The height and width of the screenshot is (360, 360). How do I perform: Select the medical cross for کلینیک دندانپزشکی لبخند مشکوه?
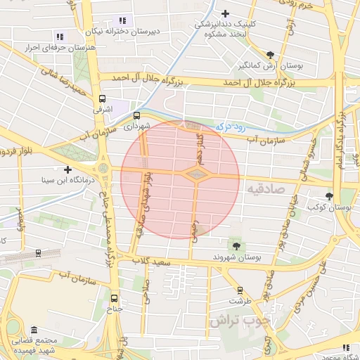click(x=224, y=13)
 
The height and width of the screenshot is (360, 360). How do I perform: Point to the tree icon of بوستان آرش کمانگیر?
click(x=271, y=55)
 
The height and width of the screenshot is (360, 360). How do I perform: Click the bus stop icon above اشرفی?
click(x=103, y=99)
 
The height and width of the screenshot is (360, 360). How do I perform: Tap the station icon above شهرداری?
click(x=136, y=115)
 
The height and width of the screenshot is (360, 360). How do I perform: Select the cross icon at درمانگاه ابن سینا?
click(x=67, y=169)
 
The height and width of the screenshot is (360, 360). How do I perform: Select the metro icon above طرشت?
click(x=240, y=290)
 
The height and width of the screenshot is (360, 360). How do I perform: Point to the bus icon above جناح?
click(x=115, y=297)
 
